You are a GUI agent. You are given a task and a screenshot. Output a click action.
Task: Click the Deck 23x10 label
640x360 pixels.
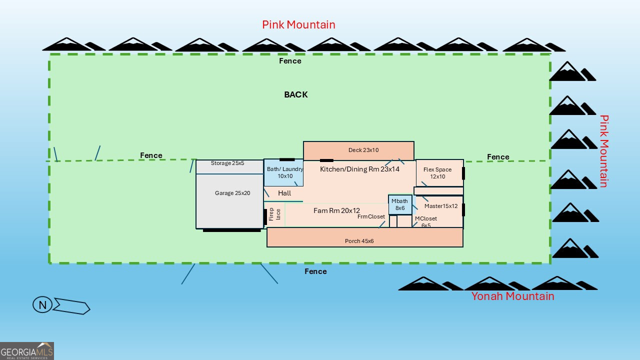pos(363,150)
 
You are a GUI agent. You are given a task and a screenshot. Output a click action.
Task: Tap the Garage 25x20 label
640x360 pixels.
pos(232,193)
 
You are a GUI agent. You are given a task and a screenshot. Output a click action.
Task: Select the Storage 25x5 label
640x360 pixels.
pos(227,163)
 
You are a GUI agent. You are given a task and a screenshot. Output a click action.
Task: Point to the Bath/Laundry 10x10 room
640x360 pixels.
pos(284,172)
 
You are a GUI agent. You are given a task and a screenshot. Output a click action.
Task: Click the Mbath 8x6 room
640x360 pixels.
pos(400,204)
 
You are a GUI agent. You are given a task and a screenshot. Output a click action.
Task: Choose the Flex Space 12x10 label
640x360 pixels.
pos(437,173)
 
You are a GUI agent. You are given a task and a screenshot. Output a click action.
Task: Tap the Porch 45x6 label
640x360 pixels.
pos(359,241)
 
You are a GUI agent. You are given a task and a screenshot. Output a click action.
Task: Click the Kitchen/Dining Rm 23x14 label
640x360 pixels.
pos(359,169)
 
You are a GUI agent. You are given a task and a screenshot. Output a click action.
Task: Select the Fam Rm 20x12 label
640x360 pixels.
pos(336,210)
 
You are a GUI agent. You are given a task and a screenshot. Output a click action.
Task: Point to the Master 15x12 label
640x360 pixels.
pos(441,206)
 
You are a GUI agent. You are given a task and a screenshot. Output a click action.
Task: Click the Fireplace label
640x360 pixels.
pos(275,214)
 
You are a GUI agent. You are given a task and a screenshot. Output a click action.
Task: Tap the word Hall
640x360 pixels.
pos(284,193)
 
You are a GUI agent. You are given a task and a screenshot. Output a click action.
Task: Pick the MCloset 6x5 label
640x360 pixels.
pos(426,222)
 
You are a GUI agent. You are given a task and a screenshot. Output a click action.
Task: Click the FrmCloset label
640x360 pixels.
pos(371,216)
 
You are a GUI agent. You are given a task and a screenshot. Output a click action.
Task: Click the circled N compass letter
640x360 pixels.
pos(42,305)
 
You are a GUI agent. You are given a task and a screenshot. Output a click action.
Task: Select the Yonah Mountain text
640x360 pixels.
pos(512,296)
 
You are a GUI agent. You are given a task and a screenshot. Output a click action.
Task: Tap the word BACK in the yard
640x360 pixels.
pos(296,94)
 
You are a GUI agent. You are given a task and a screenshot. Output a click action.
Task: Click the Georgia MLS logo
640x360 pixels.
pos(27,351)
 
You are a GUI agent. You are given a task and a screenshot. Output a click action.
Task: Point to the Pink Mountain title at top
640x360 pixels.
pos(298,24)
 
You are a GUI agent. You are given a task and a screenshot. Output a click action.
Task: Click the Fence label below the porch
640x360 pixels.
pos(315,271)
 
